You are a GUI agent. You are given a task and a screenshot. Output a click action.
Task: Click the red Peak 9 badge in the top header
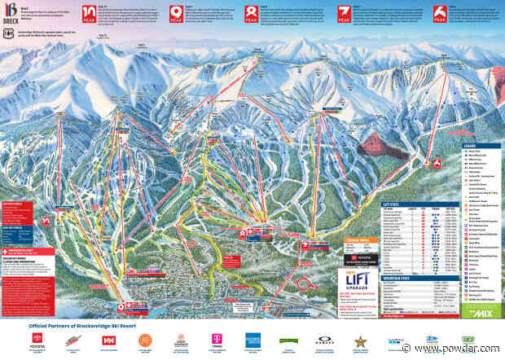pos(175,13)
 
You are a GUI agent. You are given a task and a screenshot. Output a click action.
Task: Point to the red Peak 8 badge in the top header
pos(253,13)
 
